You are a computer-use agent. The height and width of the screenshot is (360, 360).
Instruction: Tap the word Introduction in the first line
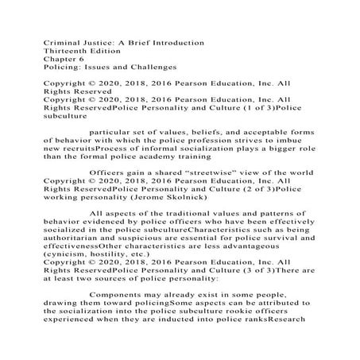pos(174,42)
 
